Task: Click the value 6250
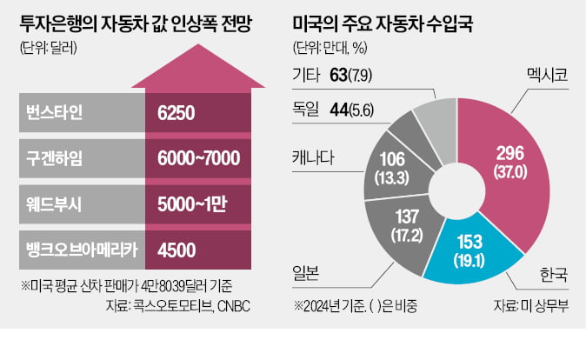tap(177, 113)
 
